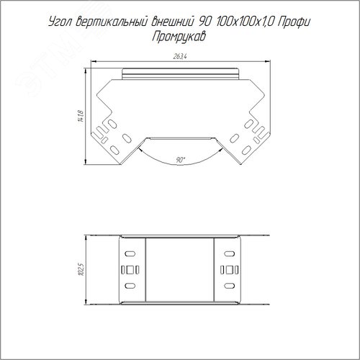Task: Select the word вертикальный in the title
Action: click(x=111, y=22)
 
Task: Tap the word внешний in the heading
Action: click(x=172, y=22)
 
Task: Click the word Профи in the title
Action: click(x=294, y=22)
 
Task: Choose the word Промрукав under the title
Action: click(x=179, y=37)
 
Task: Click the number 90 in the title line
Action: click(x=204, y=22)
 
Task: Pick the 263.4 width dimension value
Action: click(x=180, y=56)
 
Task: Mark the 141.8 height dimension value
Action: click(x=81, y=116)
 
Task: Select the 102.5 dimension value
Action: click(x=82, y=269)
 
